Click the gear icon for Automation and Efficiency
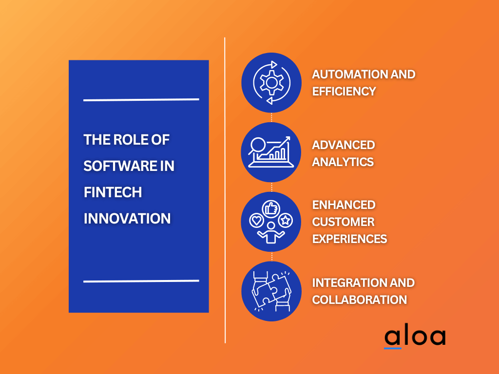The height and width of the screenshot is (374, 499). (271, 82)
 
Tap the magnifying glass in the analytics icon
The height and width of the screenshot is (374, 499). (257, 144)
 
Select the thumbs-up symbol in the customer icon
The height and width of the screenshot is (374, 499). (270, 208)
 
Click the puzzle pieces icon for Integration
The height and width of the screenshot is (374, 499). (271, 292)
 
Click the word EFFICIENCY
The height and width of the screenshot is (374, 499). (344, 91)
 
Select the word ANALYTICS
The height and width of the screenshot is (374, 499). (343, 162)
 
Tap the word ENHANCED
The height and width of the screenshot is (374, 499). (344, 205)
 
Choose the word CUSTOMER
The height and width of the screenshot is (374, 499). (343, 222)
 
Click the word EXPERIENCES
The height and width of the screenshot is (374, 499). (349, 239)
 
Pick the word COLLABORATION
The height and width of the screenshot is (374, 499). (359, 299)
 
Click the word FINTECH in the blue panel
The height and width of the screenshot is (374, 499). (113, 192)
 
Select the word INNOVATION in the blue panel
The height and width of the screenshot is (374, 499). (127, 219)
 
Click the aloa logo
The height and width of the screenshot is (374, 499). (414, 337)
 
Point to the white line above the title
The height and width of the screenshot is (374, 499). (141, 99)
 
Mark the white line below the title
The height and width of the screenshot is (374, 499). (141, 281)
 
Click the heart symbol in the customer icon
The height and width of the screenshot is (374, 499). (256, 221)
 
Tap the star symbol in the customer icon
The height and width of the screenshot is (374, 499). (286, 221)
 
